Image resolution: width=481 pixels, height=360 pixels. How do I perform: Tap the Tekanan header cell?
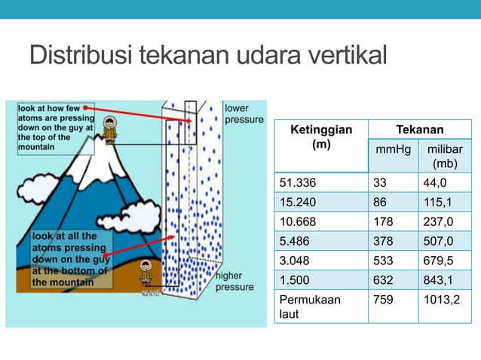click(x=420, y=130)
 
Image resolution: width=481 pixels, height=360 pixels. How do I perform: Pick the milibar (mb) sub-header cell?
click(x=445, y=156)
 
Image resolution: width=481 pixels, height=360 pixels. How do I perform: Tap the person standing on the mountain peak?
click(x=110, y=129)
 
